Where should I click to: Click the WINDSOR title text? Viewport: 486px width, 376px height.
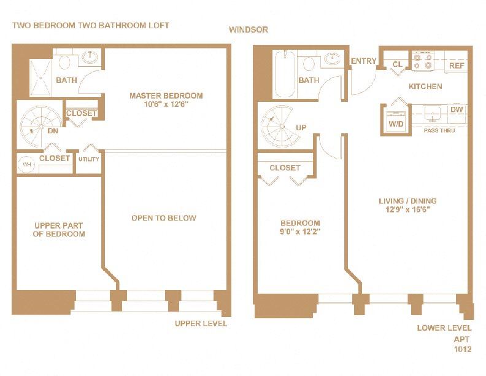248,30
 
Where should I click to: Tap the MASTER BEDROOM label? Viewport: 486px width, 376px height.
166,96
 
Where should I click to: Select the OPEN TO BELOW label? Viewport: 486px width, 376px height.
164,218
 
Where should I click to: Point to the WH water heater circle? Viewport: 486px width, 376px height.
26,165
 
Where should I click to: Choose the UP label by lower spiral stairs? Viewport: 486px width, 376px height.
301,128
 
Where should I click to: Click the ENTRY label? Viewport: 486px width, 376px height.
363,61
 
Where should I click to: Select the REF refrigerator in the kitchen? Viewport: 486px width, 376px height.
457,65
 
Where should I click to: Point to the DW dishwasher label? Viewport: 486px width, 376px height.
456,110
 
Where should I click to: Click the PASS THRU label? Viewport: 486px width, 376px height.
439,130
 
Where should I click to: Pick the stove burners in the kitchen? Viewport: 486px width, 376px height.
423,62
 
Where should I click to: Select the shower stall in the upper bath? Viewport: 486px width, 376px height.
42,79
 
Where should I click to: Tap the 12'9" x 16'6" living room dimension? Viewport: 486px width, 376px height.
407,210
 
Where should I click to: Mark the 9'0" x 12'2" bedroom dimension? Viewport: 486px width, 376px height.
300,232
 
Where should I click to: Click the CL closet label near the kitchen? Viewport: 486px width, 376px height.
398,65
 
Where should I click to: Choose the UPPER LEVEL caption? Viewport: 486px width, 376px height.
201,323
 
